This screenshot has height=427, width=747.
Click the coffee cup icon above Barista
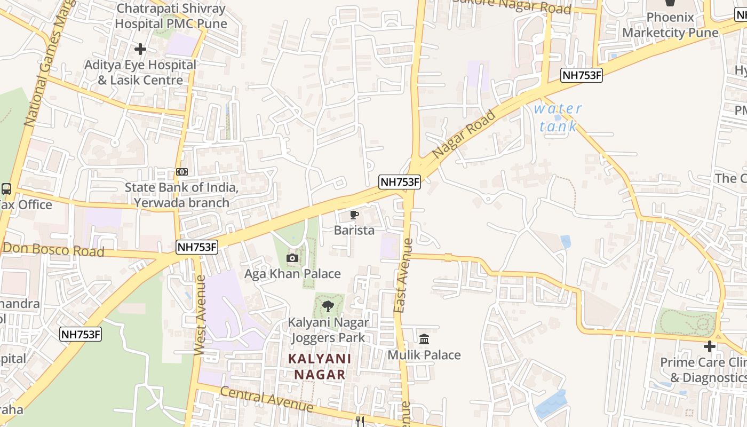[x=354, y=215]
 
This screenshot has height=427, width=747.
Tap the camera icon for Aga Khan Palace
[x=292, y=259]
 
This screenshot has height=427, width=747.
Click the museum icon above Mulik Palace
[x=424, y=339]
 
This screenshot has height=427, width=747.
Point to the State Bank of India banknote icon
[x=182, y=172]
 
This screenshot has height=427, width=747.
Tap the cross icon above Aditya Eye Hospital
[x=140, y=49]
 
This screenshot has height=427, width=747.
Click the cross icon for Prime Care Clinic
[x=709, y=346]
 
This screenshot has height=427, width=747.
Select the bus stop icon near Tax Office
[x=6, y=189]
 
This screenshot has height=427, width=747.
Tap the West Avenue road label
[x=200, y=315]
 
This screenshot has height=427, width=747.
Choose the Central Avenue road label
[x=266, y=399]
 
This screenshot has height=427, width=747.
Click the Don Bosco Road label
[x=53, y=250]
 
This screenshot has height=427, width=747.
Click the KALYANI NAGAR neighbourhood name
[x=320, y=366]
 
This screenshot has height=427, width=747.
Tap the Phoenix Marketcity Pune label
[x=670, y=25]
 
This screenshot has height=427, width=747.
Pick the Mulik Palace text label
[x=424, y=355]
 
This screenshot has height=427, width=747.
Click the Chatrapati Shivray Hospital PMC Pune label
[x=171, y=16]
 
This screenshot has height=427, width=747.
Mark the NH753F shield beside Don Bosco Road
[x=197, y=247]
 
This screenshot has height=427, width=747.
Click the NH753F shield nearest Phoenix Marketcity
[x=582, y=75]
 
